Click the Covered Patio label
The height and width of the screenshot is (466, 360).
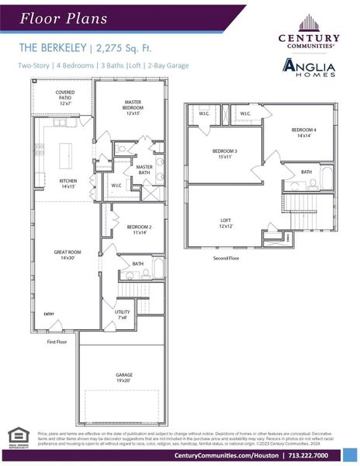(65, 97)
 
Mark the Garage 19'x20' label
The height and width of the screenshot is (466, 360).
(124, 377)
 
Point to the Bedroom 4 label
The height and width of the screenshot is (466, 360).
(304, 133)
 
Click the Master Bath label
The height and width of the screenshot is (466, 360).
(144, 169)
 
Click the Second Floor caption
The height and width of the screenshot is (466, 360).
(227, 258)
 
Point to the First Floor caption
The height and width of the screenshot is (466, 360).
(58, 342)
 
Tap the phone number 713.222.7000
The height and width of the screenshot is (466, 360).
(318, 455)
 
